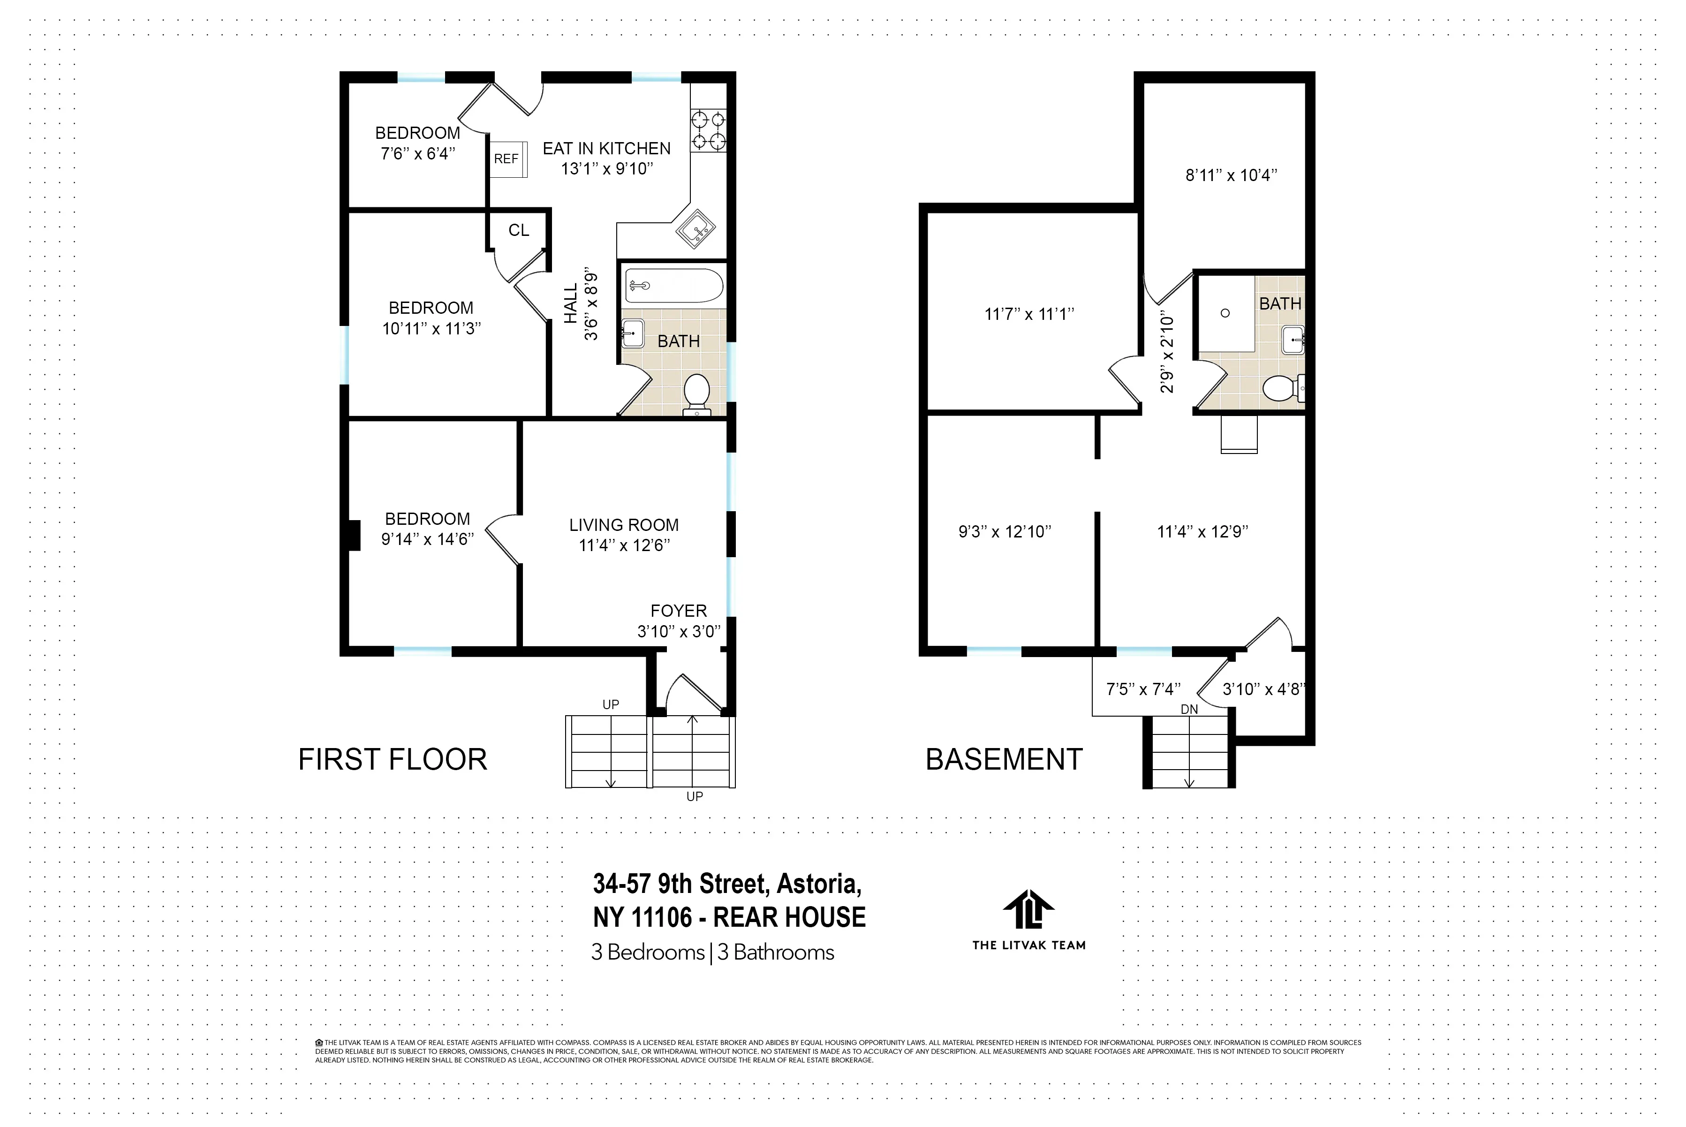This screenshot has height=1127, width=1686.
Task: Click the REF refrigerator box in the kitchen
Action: coord(507,159)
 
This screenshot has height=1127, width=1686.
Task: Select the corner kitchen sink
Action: coord(696,228)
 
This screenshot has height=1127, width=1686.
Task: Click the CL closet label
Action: coord(518,230)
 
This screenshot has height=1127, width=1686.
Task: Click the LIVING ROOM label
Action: coord(623,525)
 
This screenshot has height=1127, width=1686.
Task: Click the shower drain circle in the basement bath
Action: coord(1225,313)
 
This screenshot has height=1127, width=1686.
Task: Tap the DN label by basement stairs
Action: coord(1189,710)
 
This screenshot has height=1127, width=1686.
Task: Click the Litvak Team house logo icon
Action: coord(1028,910)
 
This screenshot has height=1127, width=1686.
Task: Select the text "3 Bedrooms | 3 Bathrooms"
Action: coord(712,953)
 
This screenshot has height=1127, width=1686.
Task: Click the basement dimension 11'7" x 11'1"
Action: coord(1028,314)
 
